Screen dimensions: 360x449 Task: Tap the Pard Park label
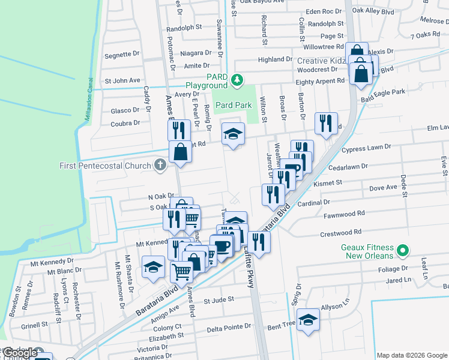[x=234, y=105]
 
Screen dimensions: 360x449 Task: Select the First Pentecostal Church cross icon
[x=160, y=164]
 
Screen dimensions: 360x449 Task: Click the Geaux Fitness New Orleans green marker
[x=404, y=251]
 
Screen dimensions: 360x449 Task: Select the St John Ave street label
[x=122, y=80]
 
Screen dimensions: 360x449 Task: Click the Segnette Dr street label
[x=122, y=54]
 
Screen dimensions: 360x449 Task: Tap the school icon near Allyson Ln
[x=309, y=320]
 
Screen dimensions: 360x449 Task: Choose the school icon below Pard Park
[x=234, y=133]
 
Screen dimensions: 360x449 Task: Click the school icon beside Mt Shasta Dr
[x=154, y=266]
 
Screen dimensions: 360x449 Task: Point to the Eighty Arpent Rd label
[x=321, y=82]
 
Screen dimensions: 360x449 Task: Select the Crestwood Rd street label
[x=341, y=232]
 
